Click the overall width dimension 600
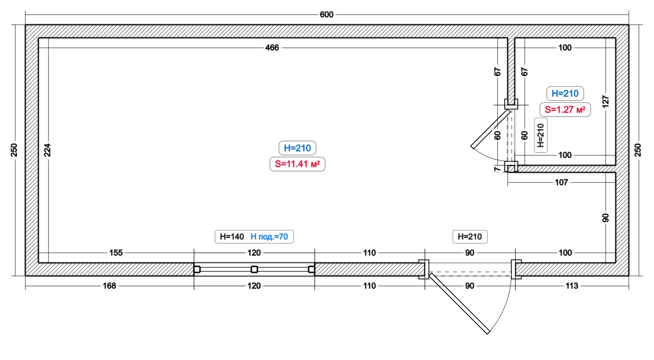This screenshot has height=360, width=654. pos(326,15)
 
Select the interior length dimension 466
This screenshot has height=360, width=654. pos(272,47)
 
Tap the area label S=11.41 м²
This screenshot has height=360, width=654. pos(297,164)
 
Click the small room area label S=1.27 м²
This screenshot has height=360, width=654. pos(565,110)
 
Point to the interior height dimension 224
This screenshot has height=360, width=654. pos(47,150)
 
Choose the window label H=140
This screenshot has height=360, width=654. pos(232,237)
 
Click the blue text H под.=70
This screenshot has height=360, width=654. pos(269,237)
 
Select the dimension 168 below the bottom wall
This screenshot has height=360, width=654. pos(109,286)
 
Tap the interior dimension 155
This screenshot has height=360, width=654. pos(116,253)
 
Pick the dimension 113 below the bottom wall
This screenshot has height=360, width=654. pos(571,286)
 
